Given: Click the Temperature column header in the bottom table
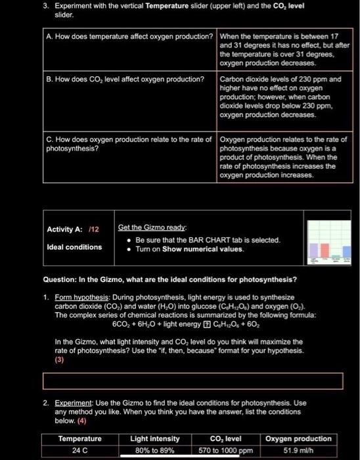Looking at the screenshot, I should (79, 438).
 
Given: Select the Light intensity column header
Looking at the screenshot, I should (154, 438).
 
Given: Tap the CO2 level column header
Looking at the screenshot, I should (225, 438).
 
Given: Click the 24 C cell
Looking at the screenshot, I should (79, 449).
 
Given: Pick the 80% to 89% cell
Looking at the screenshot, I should (154, 449).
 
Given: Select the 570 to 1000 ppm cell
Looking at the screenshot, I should (225, 449).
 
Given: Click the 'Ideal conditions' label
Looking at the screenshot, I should (74, 247).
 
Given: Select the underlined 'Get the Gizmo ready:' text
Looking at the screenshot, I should (147, 227).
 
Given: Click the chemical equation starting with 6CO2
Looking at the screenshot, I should (169, 323).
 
